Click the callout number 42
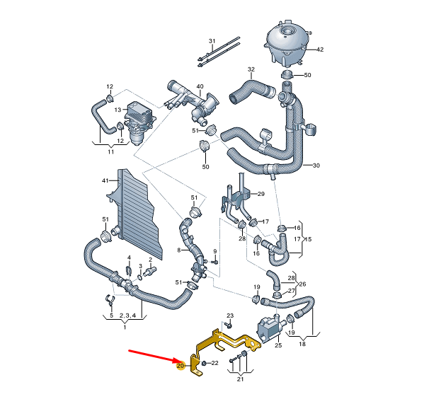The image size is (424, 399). tap(319, 50)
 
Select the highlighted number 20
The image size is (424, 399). tap(181, 366)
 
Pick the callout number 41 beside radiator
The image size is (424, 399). tap(105, 181)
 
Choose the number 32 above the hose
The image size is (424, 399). tap(251, 69)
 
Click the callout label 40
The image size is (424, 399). tap(200, 87)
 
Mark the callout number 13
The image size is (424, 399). tap(118, 110)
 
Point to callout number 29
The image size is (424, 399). tap(260, 194)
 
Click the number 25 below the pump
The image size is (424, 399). tap(278, 345)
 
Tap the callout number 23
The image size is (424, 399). tap(229, 315)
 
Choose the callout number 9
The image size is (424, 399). tap(214, 253)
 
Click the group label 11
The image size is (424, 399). tap(110, 151)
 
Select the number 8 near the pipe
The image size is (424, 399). tap(180, 250)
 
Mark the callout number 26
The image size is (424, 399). tap(303, 285)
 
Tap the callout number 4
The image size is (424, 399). tap(129, 258)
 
